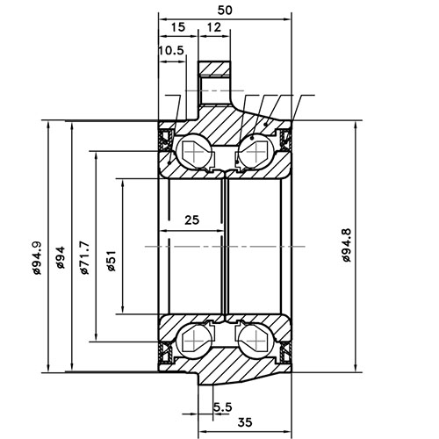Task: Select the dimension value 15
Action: (x=179, y=29)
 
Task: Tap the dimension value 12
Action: (x=215, y=29)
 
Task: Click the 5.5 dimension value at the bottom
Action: (x=223, y=407)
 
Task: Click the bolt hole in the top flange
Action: (x=212, y=88)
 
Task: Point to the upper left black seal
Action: (x=164, y=136)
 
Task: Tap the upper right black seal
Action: (x=285, y=138)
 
